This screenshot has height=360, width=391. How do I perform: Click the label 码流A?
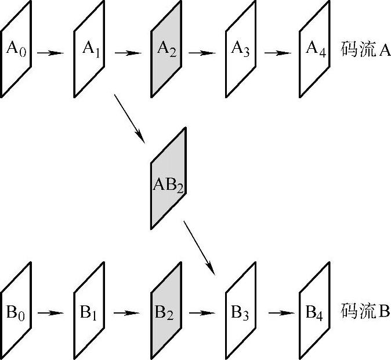tap(366, 50)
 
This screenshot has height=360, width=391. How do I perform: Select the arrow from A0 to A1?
tap(51, 53)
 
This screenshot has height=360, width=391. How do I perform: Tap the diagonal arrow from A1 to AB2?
tap(129, 117)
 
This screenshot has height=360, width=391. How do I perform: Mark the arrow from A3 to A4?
tap(278, 53)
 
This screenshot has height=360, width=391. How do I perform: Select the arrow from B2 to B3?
tap(202, 313)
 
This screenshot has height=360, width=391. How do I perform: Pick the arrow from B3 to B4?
tap(278, 313)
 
